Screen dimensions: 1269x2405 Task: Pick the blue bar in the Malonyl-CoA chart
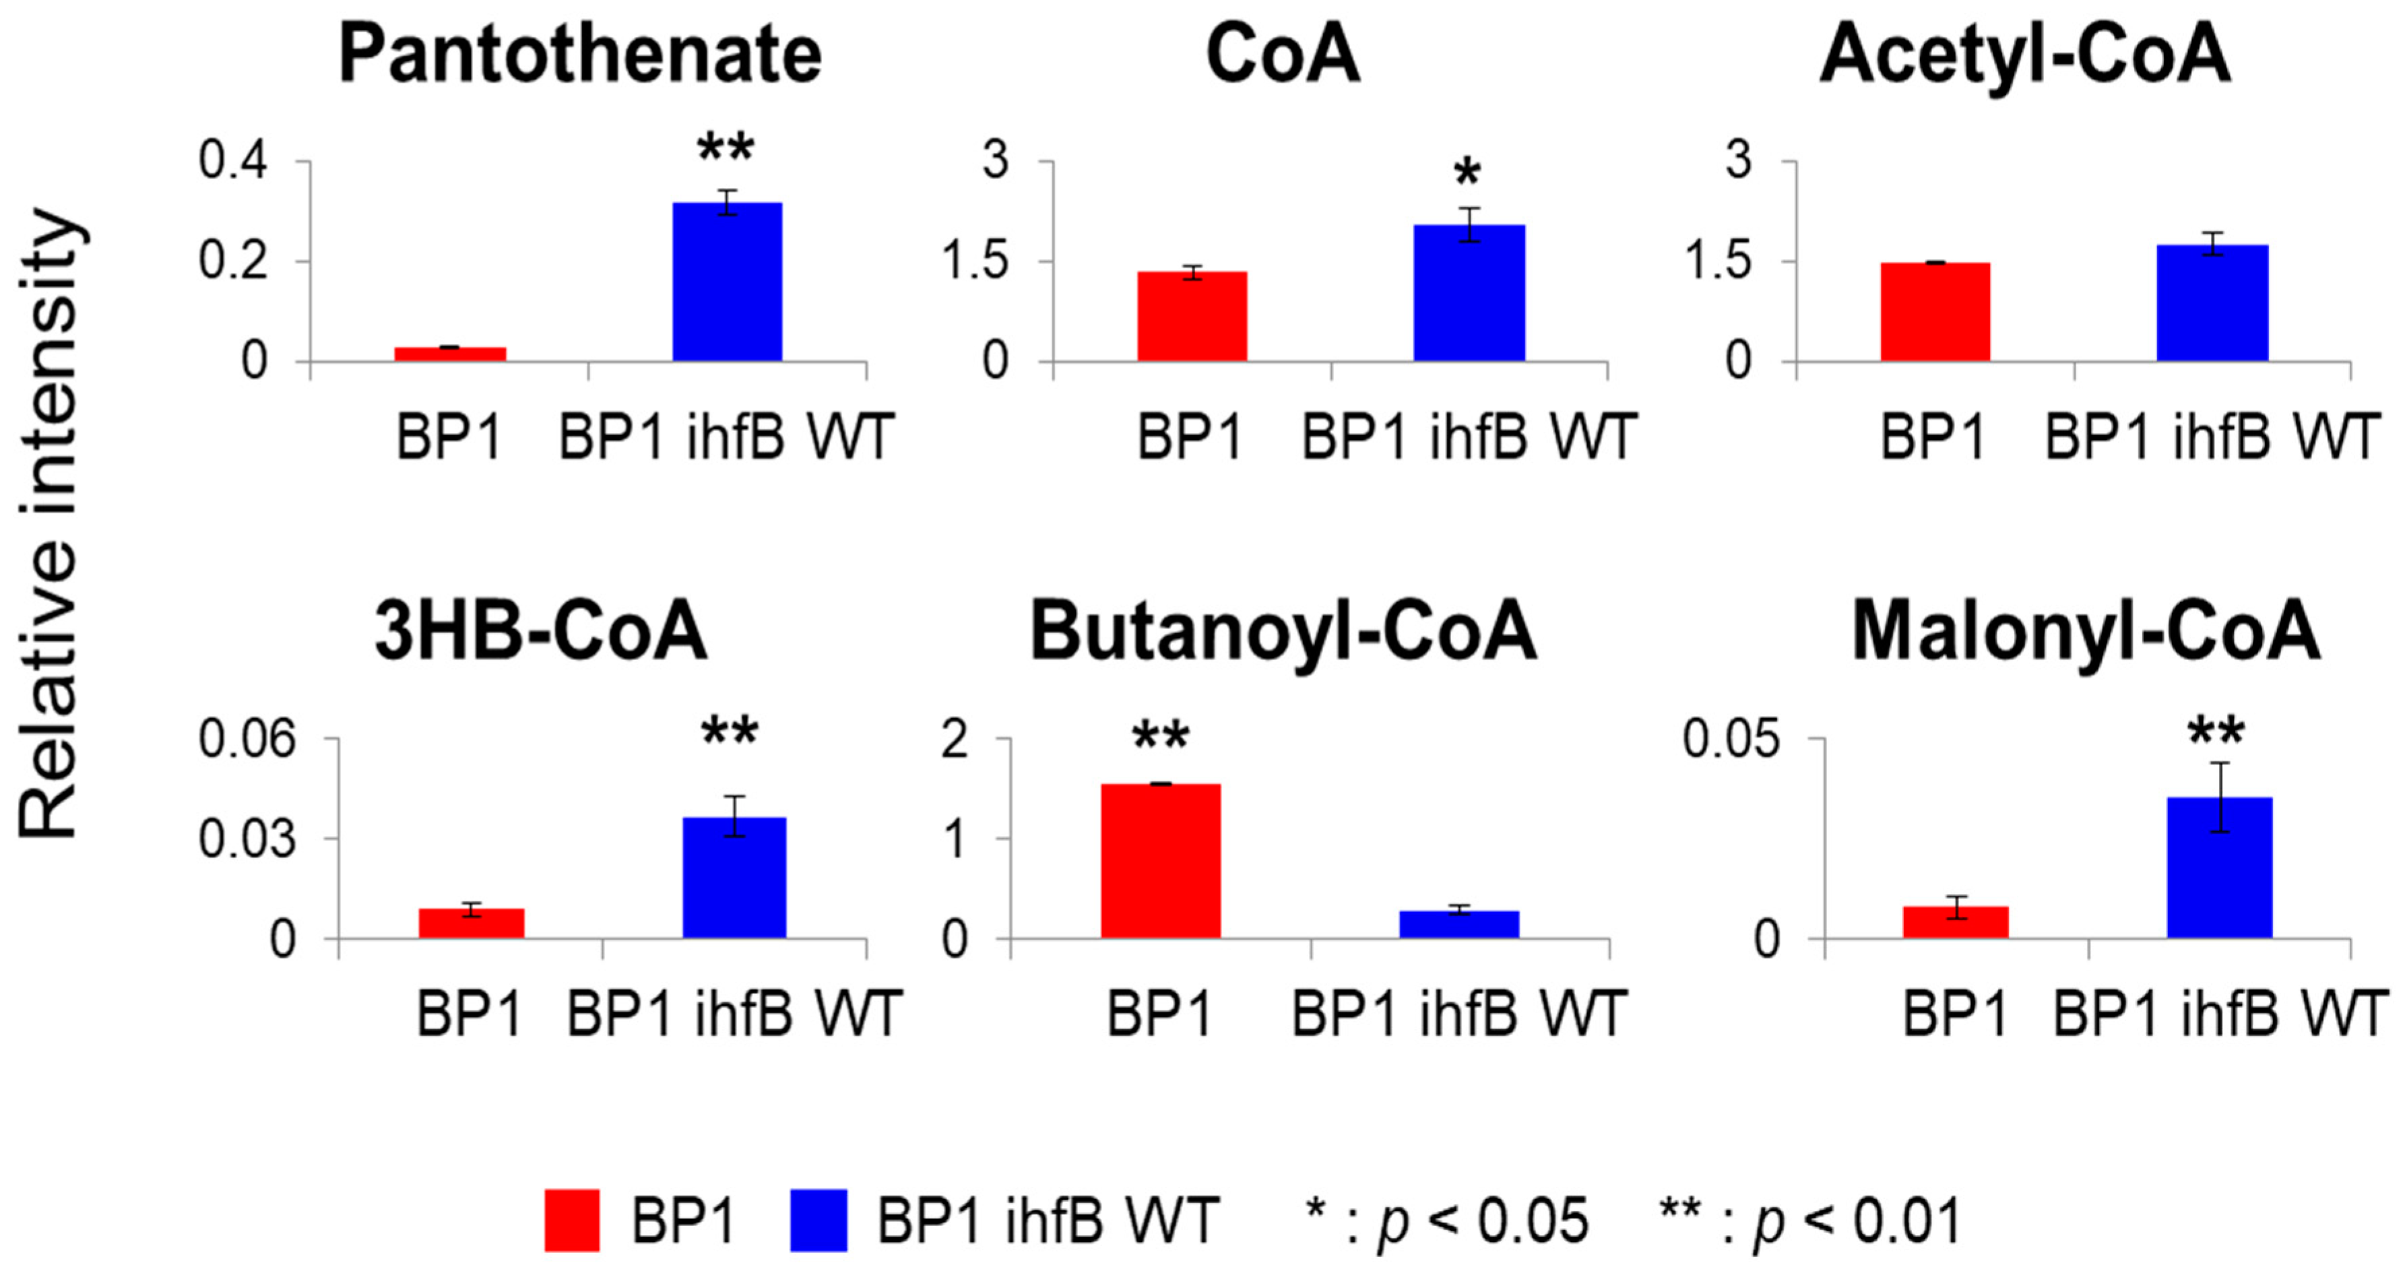tap(2219, 868)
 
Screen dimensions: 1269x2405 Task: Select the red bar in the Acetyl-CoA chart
tap(1935, 312)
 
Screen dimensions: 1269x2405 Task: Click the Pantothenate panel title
tap(580, 54)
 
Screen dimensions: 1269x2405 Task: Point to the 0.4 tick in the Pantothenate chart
tap(232, 160)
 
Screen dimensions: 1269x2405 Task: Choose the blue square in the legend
tap(818, 1220)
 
